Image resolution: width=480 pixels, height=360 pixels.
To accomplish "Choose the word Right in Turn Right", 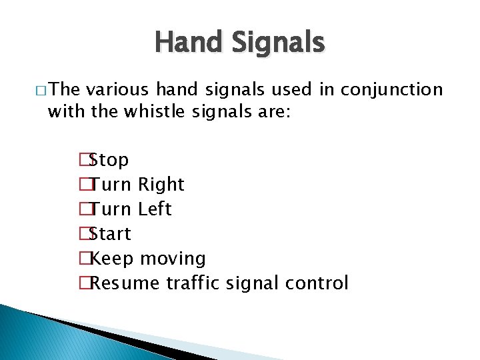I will click(x=162, y=185).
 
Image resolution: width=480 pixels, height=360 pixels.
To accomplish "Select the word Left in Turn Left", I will click(x=155, y=209).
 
